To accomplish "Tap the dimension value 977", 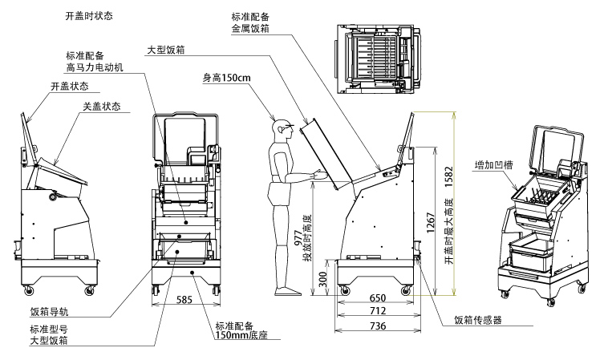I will [298, 230].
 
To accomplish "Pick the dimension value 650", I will [377, 298].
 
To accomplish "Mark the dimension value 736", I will [377, 326].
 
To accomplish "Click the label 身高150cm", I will [226, 78].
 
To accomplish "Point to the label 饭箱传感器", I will [477, 320].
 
